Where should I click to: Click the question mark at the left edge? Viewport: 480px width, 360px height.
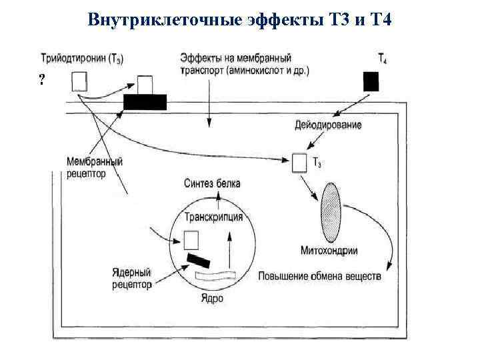42,81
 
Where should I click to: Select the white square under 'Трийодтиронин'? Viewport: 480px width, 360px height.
79,81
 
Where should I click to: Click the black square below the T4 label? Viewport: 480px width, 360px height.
371,81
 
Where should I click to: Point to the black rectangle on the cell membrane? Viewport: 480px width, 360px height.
145,101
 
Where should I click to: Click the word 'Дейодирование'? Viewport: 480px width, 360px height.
329,125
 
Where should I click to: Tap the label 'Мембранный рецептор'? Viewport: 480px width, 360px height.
95,167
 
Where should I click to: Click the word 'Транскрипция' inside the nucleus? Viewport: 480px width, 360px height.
213,217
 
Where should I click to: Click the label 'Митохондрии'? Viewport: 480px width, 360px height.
330,251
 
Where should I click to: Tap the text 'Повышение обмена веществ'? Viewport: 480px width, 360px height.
319,275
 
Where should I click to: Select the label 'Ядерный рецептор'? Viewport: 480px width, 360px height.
132,279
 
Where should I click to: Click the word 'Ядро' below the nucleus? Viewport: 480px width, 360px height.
211,298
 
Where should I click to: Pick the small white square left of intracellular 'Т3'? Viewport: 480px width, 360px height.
299,163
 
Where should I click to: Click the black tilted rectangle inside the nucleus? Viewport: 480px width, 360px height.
199,260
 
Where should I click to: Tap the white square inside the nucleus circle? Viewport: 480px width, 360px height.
191,239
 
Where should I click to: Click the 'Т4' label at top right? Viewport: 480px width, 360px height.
383,59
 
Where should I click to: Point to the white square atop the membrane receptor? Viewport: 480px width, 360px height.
145,85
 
